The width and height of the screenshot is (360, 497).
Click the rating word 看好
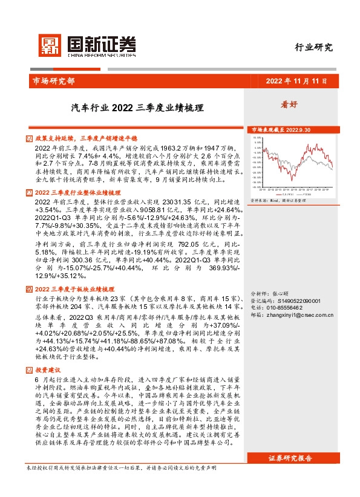pyautogui.click(x=289, y=104)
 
